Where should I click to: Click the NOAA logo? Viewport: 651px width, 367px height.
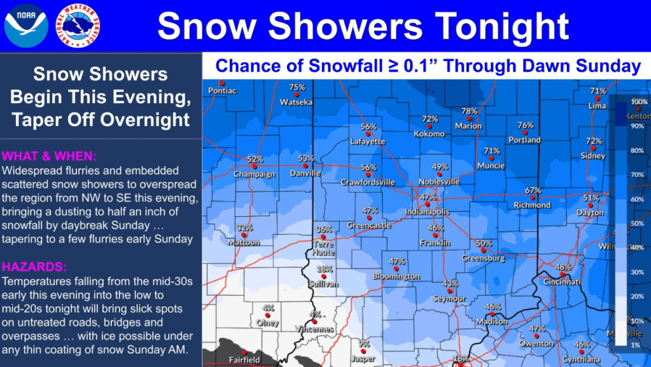(26, 25)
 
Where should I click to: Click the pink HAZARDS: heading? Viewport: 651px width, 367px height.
(34, 267)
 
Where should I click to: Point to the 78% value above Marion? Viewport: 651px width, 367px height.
(469, 111)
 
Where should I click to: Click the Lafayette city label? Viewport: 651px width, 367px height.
(368, 141)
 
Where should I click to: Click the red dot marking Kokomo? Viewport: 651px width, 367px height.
(430, 127)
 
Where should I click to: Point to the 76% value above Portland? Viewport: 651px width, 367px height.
(525, 125)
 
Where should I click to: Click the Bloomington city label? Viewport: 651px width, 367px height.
(396, 277)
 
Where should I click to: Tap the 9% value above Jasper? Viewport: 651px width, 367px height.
(364, 343)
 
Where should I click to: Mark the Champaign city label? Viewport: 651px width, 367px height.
(255, 174)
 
